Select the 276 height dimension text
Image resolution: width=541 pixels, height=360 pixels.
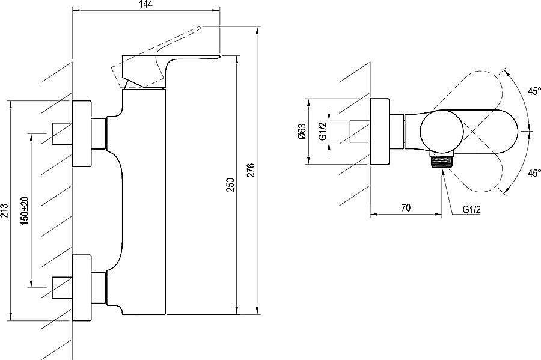251,170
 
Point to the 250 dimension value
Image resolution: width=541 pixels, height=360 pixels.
231,185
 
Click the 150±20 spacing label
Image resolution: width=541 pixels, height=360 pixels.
25,210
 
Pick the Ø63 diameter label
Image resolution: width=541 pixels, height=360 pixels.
302,132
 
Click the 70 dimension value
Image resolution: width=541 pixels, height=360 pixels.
406,207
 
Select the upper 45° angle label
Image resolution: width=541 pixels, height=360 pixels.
534,91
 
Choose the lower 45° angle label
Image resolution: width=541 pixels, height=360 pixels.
534,173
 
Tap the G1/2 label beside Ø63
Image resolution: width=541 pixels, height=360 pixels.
323,132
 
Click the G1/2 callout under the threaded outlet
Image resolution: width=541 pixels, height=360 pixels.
472,209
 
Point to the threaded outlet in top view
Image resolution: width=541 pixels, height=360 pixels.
442,162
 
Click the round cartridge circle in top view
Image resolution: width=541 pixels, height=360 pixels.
442,132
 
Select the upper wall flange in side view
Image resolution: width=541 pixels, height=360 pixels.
82,133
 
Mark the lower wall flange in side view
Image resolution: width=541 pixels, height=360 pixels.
82,288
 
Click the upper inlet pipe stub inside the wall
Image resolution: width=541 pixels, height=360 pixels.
62,133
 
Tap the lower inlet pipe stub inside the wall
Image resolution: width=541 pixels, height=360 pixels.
62,288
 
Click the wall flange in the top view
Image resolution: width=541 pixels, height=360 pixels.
380,132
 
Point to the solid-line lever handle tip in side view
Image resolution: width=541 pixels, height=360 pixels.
218,55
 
